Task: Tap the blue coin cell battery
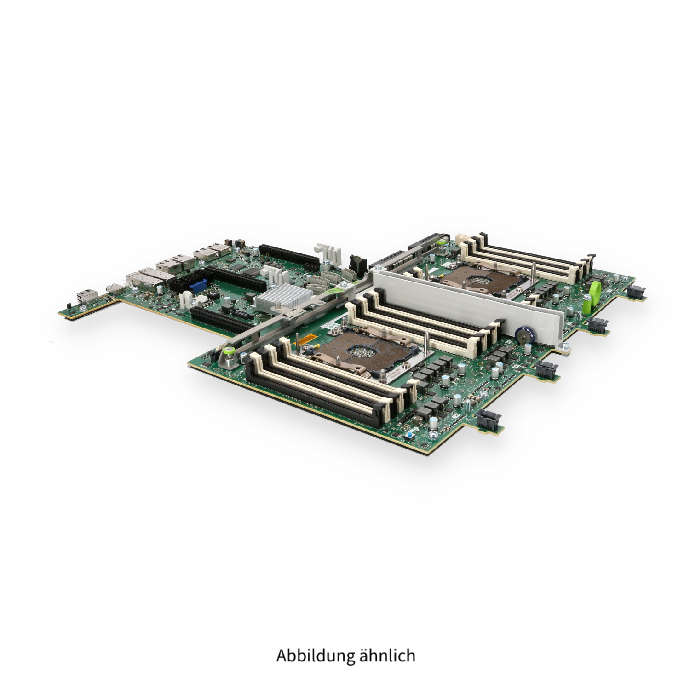tap(525, 335)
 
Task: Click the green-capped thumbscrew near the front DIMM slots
tap(228, 351)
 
